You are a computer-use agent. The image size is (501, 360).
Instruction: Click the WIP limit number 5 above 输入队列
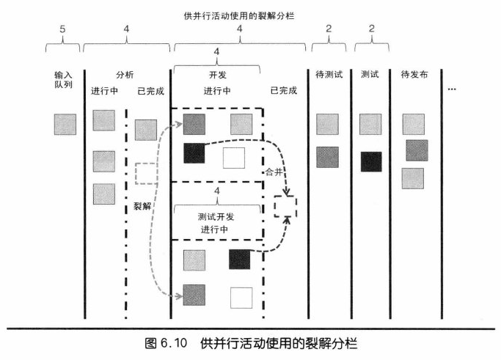[x=64, y=30]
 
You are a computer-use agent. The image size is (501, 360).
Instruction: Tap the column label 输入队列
[x=65, y=80]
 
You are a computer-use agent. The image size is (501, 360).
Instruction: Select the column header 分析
[x=125, y=75]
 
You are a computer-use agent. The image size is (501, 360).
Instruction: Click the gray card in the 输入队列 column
[x=65, y=124]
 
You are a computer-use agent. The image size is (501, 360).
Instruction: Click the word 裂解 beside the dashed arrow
[x=142, y=207]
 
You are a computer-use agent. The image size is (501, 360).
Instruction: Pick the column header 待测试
[x=328, y=75]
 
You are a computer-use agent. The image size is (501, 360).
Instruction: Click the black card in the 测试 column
[x=372, y=161]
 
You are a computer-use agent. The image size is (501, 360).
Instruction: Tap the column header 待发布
[x=414, y=75]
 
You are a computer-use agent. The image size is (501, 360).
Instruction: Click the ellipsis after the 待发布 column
[x=452, y=89]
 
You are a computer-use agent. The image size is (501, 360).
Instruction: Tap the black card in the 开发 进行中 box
[x=194, y=153]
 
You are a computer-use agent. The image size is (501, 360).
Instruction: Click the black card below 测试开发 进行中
[x=240, y=260]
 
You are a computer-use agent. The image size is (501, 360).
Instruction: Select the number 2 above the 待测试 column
[x=328, y=30]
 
